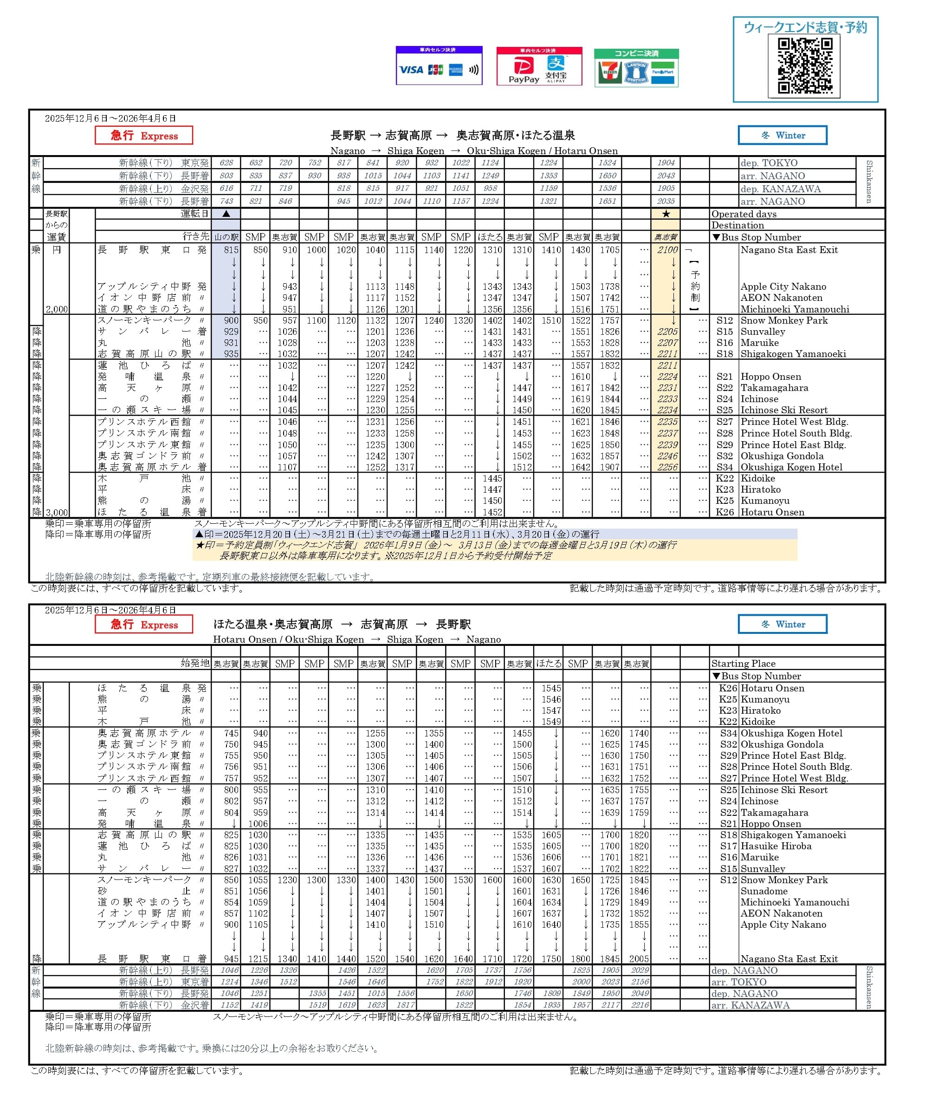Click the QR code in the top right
coord(805,66)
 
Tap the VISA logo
coord(411,70)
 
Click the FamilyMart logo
coord(663,73)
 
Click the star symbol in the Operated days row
coord(666,214)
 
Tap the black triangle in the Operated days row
coord(226,214)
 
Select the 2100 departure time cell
coord(667,250)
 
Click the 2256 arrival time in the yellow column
coord(667,467)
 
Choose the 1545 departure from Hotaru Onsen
coord(551,688)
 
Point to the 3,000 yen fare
coord(57,512)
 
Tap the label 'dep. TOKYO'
coord(769,163)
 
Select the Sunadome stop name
coord(763,891)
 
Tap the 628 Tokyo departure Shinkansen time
coord(226,163)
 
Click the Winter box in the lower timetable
coord(782,624)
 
